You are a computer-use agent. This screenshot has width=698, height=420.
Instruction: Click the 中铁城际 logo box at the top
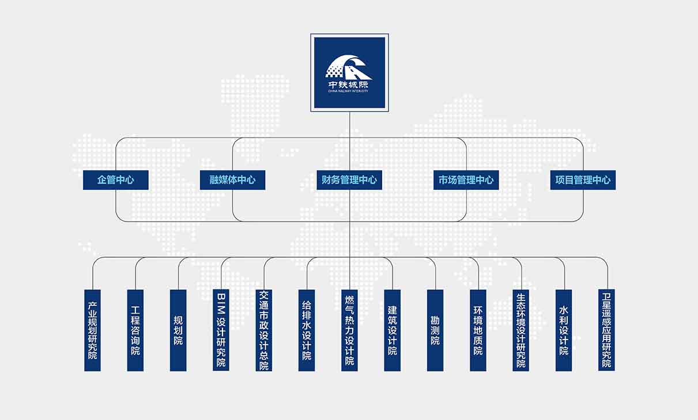pyautogui.click(x=349, y=72)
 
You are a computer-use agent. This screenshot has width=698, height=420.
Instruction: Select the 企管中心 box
pyautogui.click(x=116, y=180)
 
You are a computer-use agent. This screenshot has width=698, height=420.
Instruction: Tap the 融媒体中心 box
pyautogui.click(x=232, y=180)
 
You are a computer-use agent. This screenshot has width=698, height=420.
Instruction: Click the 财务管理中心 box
pyautogui.click(x=349, y=180)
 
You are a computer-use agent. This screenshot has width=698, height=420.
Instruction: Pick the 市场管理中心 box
pyautogui.click(x=466, y=180)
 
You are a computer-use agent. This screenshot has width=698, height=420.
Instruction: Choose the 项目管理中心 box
pyautogui.click(x=583, y=180)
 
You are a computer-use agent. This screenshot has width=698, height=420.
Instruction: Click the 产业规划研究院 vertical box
pyautogui.click(x=92, y=330)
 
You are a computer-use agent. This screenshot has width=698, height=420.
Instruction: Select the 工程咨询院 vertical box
pyautogui.click(x=135, y=330)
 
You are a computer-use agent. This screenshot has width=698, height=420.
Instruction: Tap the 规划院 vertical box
pyautogui.click(x=178, y=330)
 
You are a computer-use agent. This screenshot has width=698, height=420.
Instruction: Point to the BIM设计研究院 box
pyautogui.click(x=221, y=330)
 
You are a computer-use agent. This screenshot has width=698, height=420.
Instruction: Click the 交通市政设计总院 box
pyautogui.click(x=264, y=330)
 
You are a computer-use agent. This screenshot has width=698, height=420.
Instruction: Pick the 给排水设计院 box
pyautogui.click(x=307, y=330)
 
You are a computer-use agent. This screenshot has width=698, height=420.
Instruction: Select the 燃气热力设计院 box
pyautogui.click(x=349, y=330)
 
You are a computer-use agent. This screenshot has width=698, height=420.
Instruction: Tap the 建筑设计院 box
pyautogui.click(x=393, y=330)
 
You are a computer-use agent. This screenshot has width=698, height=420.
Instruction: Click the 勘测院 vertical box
pyautogui.click(x=435, y=330)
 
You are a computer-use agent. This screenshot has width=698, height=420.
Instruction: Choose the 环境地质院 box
pyautogui.click(x=478, y=330)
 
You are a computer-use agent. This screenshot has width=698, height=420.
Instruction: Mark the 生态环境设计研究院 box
pyautogui.click(x=521, y=330)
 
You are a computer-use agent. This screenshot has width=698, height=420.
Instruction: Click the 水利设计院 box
pyautogui.click(x=564, y=330)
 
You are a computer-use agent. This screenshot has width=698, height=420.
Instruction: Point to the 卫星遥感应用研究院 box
pyautogui.click(x=606, y=330)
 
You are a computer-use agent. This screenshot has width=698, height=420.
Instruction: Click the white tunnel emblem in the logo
pyautogui.click(x=349, y=67)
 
